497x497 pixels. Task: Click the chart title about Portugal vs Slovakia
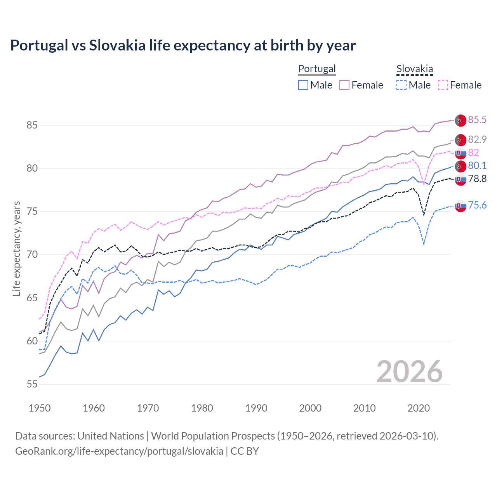pos(183,45)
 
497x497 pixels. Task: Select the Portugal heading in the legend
pos(317,69)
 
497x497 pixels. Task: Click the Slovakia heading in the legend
pos(414,69)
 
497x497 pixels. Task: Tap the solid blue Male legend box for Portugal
pos(303,85)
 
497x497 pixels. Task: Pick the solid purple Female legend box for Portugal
pos(344,85)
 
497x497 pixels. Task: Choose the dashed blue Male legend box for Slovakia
pos(401,85)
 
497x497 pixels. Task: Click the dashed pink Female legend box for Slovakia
pos(443,85)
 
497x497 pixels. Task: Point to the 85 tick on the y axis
pos(32,125)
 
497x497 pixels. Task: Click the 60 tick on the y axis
pos(32,341)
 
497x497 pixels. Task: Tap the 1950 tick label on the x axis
pos(40,408)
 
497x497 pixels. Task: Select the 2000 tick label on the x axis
pos(310,408)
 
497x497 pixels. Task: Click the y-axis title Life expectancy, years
pos(16,248)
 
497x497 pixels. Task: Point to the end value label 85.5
pos(477,120)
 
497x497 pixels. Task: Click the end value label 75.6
pos(477,205)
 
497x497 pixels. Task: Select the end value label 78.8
pos(477,179)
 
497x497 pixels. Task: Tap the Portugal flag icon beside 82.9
pos(461,140)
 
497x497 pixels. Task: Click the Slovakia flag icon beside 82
pos(461,153)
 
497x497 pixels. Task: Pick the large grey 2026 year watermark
pos(410,372)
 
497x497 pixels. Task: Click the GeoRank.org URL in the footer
pos(119,451)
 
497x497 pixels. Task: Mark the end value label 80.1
pos(477,166)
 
